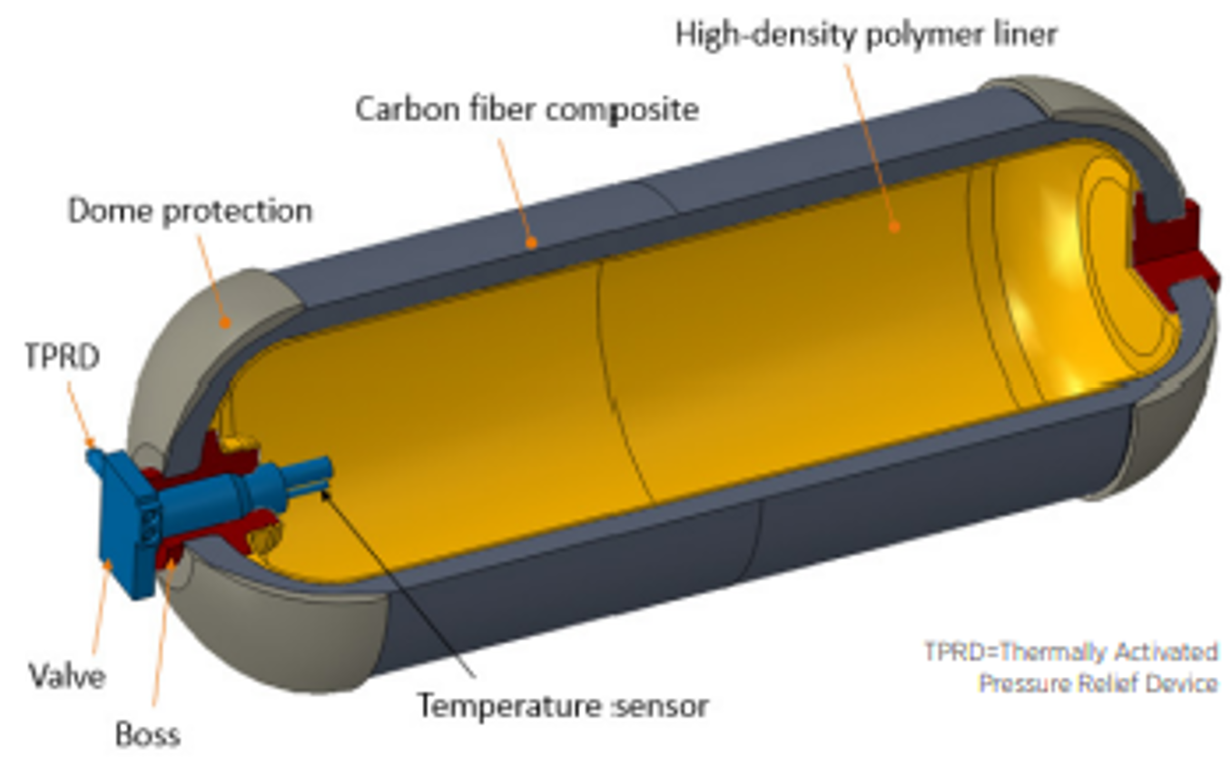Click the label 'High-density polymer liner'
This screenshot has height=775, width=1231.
[866, 34]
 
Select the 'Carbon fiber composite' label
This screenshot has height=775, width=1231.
[527, 109]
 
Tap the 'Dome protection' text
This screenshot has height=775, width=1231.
[191, 211]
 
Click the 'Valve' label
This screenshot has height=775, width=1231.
[66, 675]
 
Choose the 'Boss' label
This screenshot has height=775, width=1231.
[148, 733]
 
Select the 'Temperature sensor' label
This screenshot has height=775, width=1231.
[562, 704]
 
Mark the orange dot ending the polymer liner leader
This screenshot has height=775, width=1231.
[893, 227]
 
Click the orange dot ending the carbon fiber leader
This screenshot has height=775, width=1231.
[533, 242]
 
